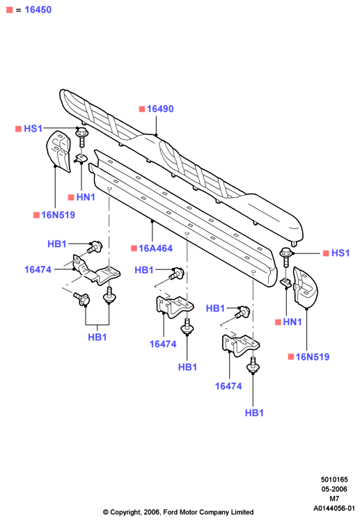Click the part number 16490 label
160,109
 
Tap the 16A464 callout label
155,248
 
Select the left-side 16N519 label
58,215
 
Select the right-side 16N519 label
313,357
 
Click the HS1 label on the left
33,129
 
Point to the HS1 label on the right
341,253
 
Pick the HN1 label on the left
86,197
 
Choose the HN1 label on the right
292,322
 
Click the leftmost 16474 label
38,269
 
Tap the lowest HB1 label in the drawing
254,413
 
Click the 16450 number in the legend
38,10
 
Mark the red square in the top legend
10,10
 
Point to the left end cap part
58,150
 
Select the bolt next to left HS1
81,136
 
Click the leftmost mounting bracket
96,270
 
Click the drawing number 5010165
334,480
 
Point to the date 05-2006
334,489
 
